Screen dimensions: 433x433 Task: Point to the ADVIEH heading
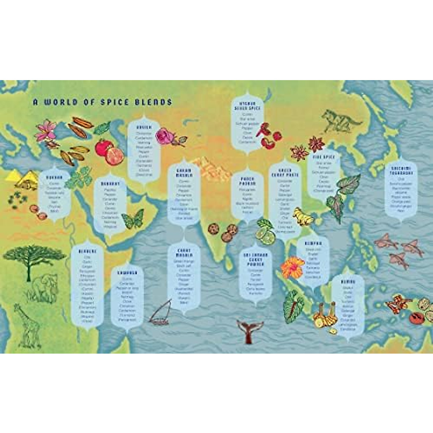[x=144, y=127]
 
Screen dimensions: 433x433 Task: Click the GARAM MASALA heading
[x=184, y=172]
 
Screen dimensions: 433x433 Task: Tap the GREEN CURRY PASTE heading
[x=285, y=172]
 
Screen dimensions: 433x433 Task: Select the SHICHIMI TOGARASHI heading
[x=401, y=170]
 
